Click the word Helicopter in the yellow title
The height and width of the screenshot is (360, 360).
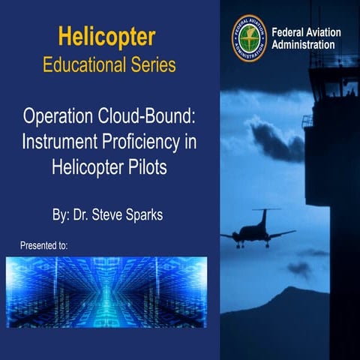click(x=106, y=37)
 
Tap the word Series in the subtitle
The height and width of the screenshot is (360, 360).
click(x=153, y=65)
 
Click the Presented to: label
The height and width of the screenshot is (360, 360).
click(x=43, y=245)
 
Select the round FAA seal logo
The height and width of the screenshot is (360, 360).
click(x=249, y=38)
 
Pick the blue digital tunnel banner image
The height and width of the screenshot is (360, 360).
click(x=106, y=292)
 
